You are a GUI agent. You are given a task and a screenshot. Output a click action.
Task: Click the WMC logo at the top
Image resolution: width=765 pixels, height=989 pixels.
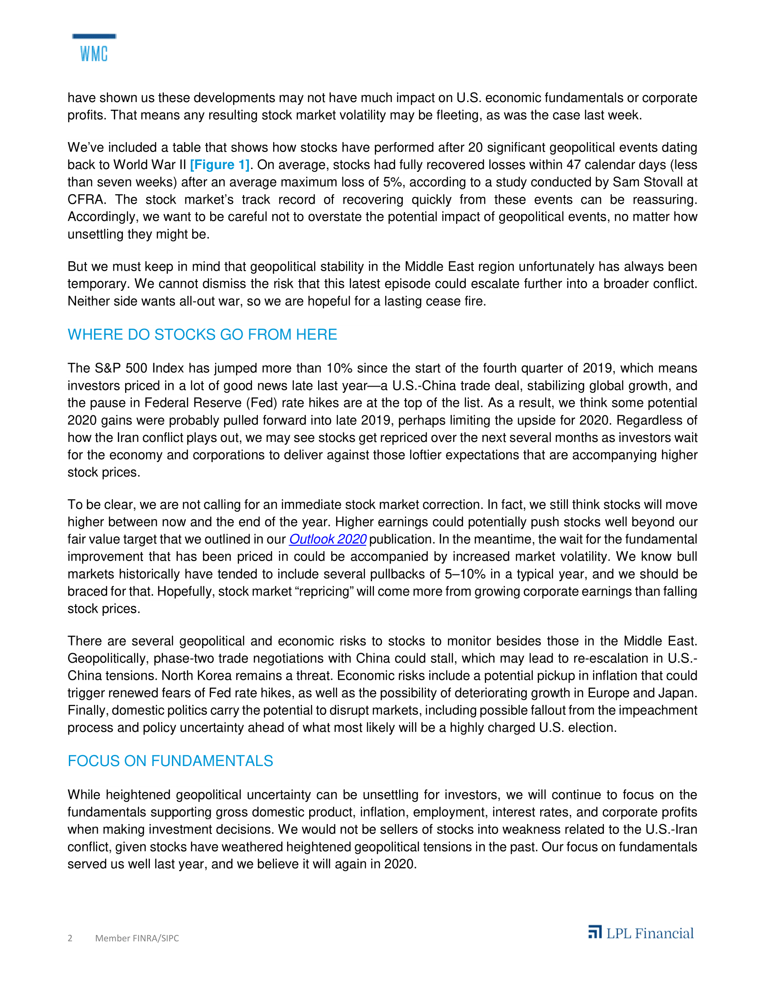pos(94,49)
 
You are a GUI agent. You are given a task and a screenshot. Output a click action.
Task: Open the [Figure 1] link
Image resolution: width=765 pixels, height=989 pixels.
pos(220,165)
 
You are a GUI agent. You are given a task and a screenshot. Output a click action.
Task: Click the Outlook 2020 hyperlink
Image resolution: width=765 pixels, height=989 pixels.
pos(328,539)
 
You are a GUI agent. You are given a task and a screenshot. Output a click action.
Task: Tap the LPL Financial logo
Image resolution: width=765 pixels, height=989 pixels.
pos(641,933)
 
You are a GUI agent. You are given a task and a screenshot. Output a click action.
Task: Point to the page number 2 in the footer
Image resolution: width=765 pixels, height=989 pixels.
pos(70,938)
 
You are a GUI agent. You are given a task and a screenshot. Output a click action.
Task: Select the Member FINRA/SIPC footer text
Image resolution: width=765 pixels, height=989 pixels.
pos(137,938)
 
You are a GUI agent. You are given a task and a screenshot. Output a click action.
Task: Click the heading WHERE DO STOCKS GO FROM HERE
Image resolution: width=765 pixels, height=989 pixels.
pos(202,334)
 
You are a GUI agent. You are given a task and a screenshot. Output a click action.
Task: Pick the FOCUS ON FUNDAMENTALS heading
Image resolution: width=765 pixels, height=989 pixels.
pos(171,761)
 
